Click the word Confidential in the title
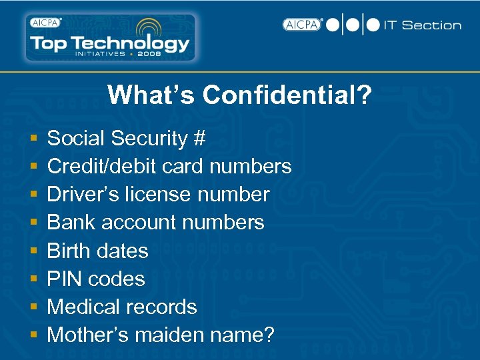tap(287, 95)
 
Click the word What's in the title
tap(152, 95)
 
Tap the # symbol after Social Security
tap(199, 139)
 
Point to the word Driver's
tap(85, 195)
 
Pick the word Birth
tap(69, 251)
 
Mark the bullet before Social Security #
tap(33, 139)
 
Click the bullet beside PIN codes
tap(33, 279)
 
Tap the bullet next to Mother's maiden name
tap(33, 335)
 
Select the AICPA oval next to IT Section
tap(302, 25)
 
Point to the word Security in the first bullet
tap(149, 139)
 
